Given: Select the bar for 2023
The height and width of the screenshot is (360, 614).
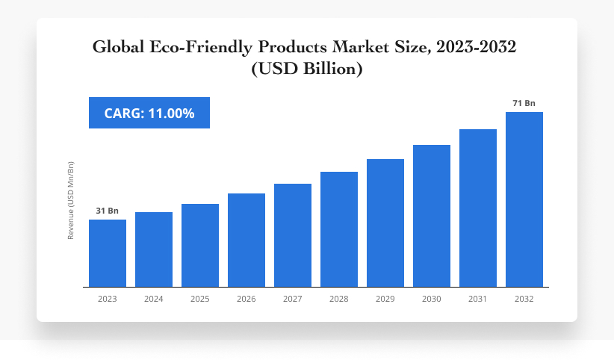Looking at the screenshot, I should click(108, 253).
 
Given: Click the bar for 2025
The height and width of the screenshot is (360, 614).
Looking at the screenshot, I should click(200, 245).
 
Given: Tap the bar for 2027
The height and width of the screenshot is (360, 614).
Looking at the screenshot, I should click(293, 235).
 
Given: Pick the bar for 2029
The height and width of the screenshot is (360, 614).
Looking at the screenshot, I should click(385, 223).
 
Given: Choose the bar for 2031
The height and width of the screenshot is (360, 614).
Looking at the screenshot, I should click(478, 208).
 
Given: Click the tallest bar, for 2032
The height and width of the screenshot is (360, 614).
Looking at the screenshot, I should click(524, 199).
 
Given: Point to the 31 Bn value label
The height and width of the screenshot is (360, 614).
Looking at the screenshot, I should click(108, 211).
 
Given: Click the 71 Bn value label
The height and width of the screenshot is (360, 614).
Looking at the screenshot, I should click(524, 104).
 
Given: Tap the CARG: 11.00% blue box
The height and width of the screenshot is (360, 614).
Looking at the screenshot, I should click(149, 113).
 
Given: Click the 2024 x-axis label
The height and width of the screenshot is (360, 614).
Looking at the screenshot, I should click(154, 299).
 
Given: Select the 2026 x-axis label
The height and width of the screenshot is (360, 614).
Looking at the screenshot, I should click(246, 299).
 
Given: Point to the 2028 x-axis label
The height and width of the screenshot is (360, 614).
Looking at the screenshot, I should click(339, 299).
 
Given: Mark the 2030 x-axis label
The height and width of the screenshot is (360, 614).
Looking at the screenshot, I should click(432, 299).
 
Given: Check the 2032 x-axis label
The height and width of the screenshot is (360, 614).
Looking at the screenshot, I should click(524, 299).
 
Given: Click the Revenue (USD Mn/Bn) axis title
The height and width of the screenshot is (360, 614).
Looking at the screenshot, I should click(71, 200).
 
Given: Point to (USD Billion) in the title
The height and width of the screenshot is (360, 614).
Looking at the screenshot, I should click(307, 69).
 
